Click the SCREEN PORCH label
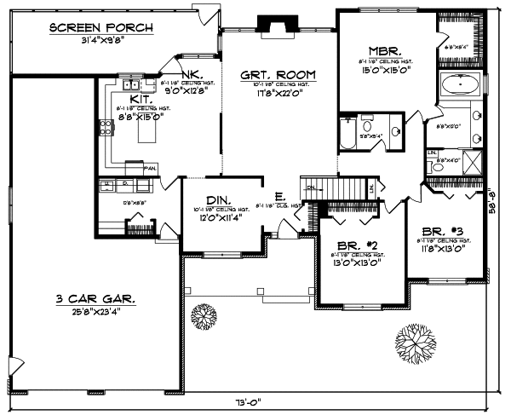(100, 27)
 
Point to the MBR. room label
(378, 50)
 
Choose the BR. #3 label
(441, 231)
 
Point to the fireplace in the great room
(276, 28)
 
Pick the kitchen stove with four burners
(106, 128)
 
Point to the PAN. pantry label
(149, 167)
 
